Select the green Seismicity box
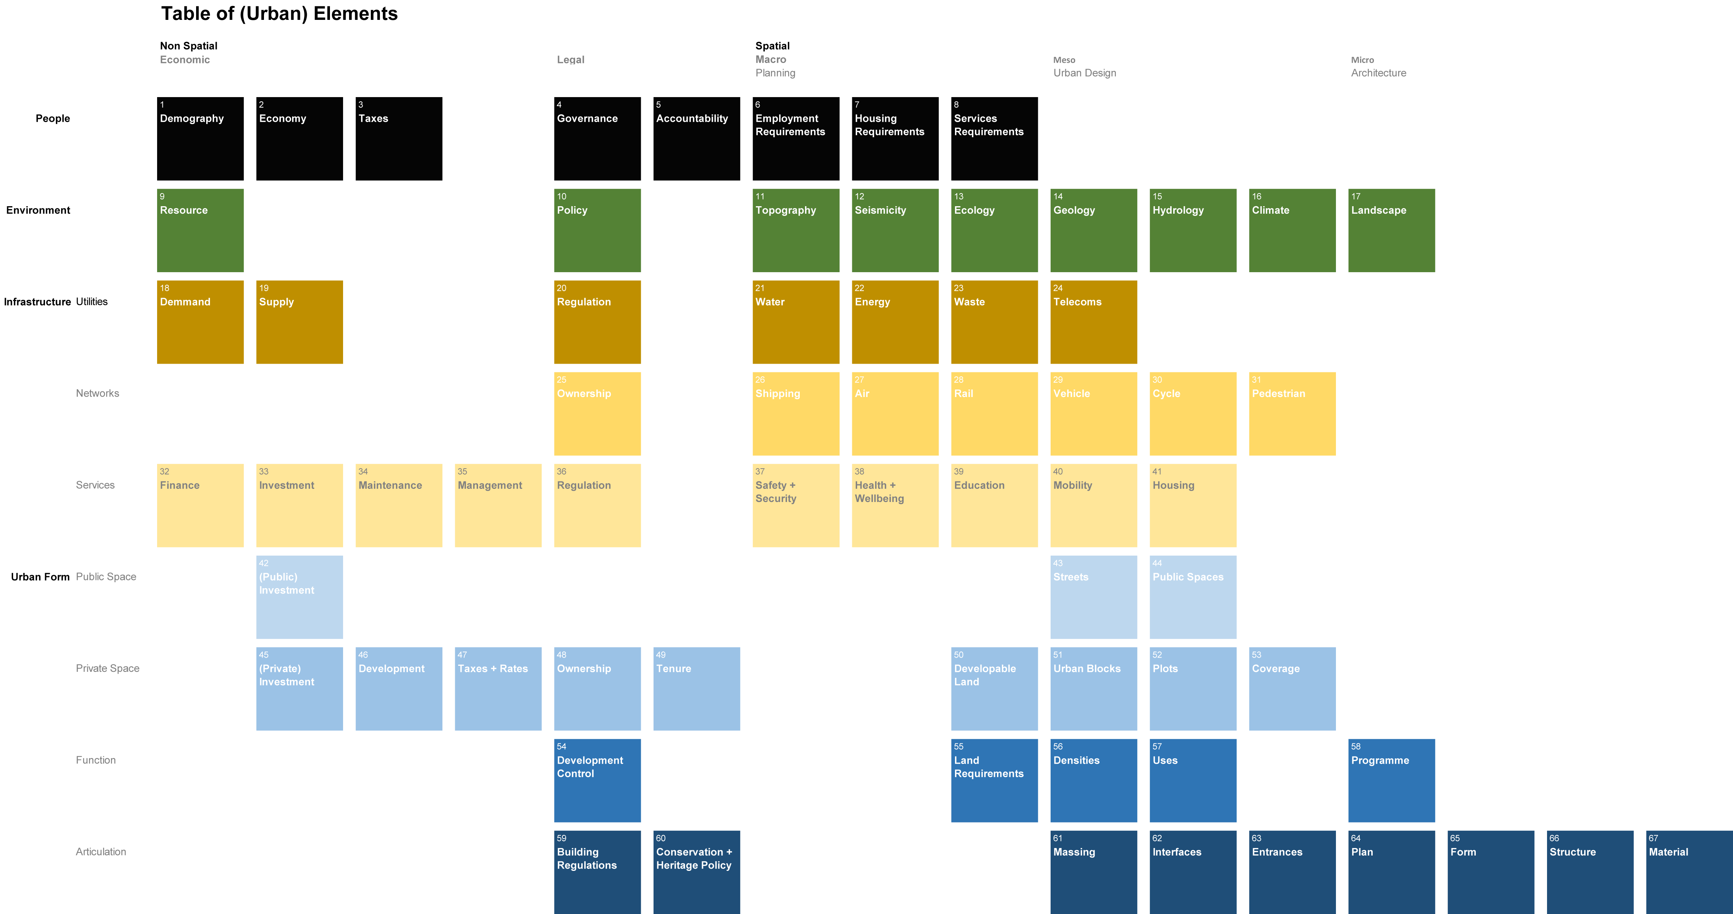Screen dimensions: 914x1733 (x=895, y=230)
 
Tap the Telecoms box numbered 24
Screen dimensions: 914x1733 (x=1093, y=322)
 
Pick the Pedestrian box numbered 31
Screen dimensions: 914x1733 (x=1292, y=414)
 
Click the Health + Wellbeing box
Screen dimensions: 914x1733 (x=895, y=505)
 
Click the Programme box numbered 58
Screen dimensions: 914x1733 (x=1391, y=780)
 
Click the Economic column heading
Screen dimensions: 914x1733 (x=185, y=60)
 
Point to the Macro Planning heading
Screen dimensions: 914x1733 (x=775, y=66)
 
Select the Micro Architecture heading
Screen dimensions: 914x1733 (x=1378, y=66)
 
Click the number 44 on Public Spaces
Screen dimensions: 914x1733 (x=1157, y=563)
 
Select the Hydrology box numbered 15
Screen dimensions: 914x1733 (x=1193, y=230)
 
